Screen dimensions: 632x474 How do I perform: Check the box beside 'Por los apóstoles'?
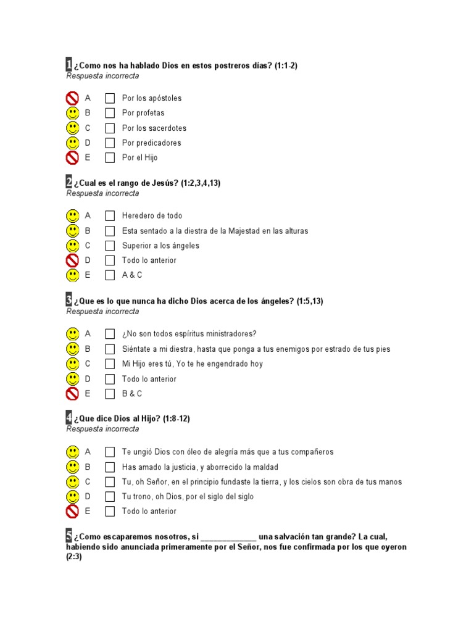click(110, 98)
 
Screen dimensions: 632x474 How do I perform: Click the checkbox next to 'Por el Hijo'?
click(110, 157)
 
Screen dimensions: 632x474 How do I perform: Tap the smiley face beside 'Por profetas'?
click(73, 113)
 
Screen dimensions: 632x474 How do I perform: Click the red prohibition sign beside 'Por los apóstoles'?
click(73, 98)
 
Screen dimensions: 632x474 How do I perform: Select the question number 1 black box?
click(69, 65)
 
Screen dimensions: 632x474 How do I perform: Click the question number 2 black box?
click(69, 182)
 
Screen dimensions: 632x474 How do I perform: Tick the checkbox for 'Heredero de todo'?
click(110, 216)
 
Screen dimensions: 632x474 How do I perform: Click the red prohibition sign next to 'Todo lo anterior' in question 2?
click(73, 260)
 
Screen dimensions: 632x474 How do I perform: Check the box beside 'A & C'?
click(110, 275)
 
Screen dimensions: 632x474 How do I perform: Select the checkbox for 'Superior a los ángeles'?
click(110, 246)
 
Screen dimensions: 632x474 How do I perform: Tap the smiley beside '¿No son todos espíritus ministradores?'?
click(73, 334)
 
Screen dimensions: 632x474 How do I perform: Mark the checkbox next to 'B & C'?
click(110, 394)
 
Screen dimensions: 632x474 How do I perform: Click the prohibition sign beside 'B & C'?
click(73, 394)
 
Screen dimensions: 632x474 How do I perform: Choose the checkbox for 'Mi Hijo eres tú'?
click(110, 364)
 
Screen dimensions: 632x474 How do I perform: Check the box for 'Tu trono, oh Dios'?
click(110, 496)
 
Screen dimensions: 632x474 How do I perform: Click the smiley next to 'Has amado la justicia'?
click(73, 467)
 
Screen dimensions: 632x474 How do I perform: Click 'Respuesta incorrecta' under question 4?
click(102, 429)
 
